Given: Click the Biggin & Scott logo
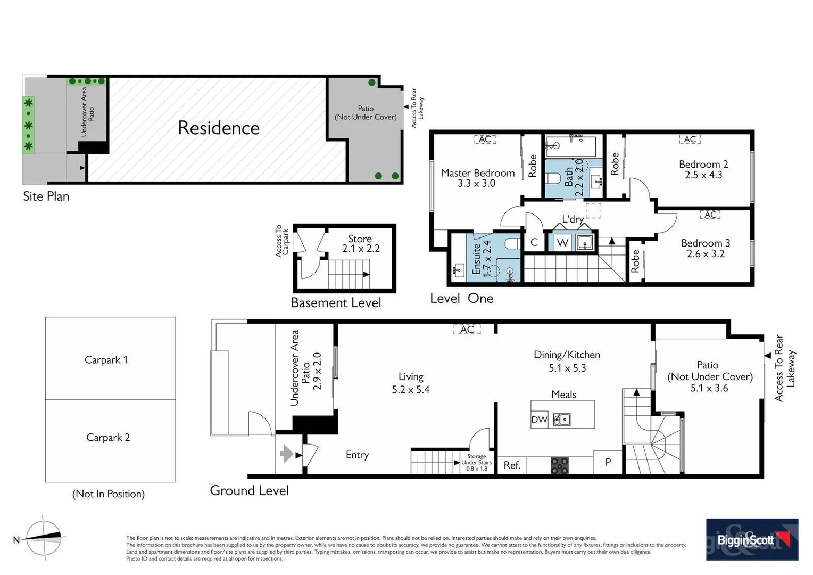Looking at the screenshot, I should click(x=752, y=539).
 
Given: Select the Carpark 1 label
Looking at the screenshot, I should click(x=106, y=360).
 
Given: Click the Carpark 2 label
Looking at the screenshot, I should click(x=108, y=438).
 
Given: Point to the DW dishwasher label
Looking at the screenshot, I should click(x=539, y=420).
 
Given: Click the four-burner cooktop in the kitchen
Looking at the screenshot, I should click(x=559, y=465).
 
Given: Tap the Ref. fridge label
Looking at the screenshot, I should click(x=512, y=465).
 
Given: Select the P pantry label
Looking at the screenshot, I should click(x=608, y=462).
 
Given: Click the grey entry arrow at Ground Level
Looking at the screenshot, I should click(x=286, y=454).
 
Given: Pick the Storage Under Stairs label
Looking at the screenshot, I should click(x=476, y=462).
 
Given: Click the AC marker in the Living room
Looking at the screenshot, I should click(x=467, y=330).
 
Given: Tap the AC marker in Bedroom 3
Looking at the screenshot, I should click(x=711, y=215).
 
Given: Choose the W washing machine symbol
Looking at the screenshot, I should click(x=562, y=243).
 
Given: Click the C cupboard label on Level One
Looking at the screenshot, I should click(x=534, y=242).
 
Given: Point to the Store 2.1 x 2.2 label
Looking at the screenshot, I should click(x=360, y=244).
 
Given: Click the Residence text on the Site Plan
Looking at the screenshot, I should click(x=219, y=128).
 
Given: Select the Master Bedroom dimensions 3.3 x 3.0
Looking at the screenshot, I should click(x=476, y=184).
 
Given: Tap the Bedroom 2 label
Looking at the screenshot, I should click(x=703, y=165).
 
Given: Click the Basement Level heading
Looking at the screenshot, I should click(x=336, y=303).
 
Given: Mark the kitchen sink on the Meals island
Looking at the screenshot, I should click(x=561, y=420).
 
